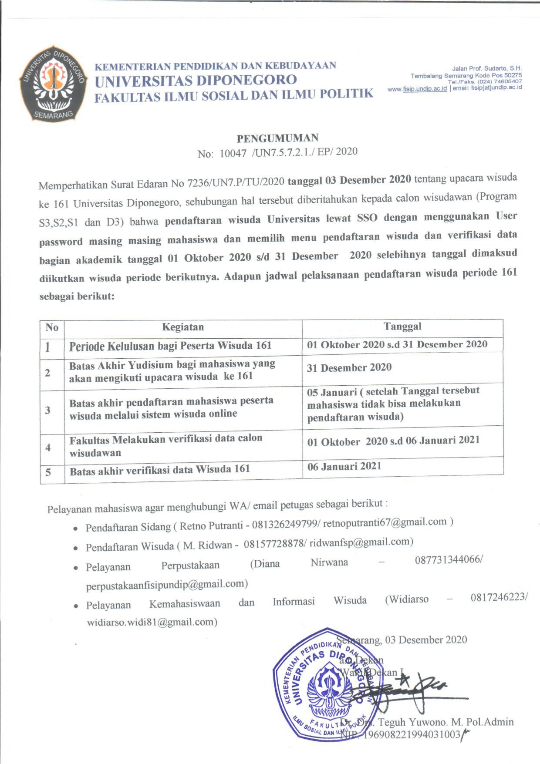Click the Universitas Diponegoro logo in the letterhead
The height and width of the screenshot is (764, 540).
[x=52, y=83]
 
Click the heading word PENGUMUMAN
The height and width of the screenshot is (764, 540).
[x=277, y=138]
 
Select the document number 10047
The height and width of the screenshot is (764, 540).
[x=233, y=153]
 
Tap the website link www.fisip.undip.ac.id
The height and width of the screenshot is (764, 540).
[x=417, y=89]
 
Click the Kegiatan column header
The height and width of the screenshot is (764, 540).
[x=183, y=327]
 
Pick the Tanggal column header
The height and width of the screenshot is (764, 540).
[x=402, y=326]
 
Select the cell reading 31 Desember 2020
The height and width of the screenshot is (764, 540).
[x=349, y=368]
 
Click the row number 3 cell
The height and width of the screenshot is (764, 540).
[x=48, y=410]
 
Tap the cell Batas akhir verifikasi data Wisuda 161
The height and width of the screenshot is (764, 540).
[x=160, y=470]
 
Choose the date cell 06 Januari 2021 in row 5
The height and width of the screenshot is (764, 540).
[x=344, y=467]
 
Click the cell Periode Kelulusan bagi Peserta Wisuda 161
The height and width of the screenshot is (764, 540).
[x=170, y=346]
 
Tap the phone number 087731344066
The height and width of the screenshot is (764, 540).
[x=447, y=560]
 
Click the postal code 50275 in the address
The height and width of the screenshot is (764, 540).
[x=513, y=75]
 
